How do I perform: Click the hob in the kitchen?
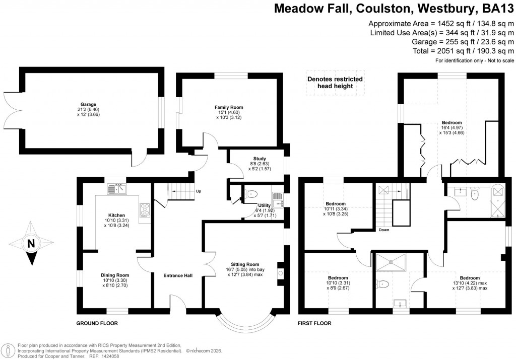(145, 209)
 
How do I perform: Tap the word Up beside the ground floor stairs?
(198, 191)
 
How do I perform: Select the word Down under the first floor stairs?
(384, 230)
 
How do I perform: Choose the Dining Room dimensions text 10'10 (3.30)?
(116, 280)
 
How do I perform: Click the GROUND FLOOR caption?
(97, 323)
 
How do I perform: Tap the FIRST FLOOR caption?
(314, 323)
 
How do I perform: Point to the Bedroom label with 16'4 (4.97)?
(451, 122)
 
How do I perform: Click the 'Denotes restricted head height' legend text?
(335, 82)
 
